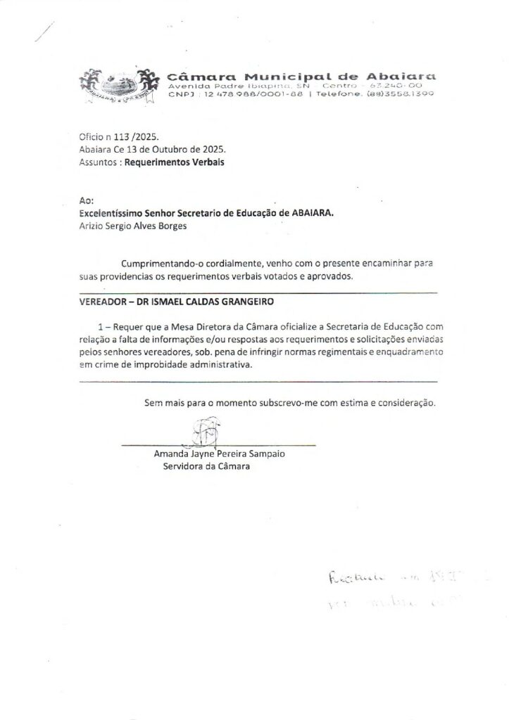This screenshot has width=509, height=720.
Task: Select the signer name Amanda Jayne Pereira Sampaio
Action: (x=220, y=454)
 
